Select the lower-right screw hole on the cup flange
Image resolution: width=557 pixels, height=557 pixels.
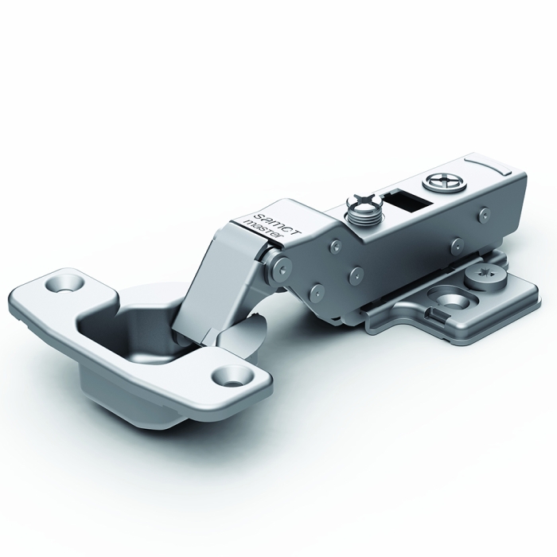click(233, 377)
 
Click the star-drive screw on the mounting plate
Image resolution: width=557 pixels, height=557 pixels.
click(485, 275)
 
